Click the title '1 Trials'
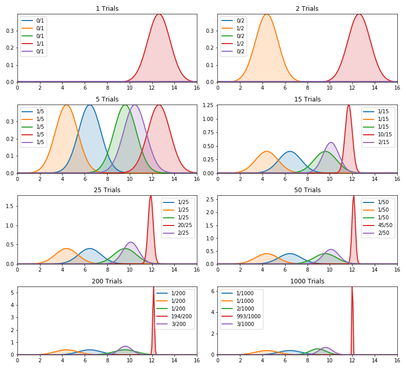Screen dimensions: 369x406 [107, 9]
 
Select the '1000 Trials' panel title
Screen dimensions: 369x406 [307, 281]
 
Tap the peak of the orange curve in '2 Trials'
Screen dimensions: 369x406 [267, 14]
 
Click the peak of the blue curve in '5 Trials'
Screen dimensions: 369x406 [90, 105]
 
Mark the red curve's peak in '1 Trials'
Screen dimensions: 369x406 [159, 14]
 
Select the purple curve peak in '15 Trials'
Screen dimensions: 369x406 [331, 142]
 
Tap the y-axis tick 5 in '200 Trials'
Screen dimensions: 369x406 [12, 293]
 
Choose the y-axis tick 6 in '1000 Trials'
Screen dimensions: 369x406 [212, 290]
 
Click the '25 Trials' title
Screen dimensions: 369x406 [107, 190]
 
